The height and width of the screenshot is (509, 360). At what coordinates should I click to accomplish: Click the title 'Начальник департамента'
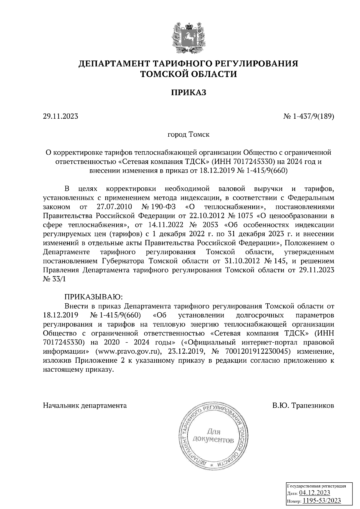[x=85, y=406]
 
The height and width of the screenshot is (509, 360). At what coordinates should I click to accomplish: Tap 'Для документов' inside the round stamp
[x=213, y=436]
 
